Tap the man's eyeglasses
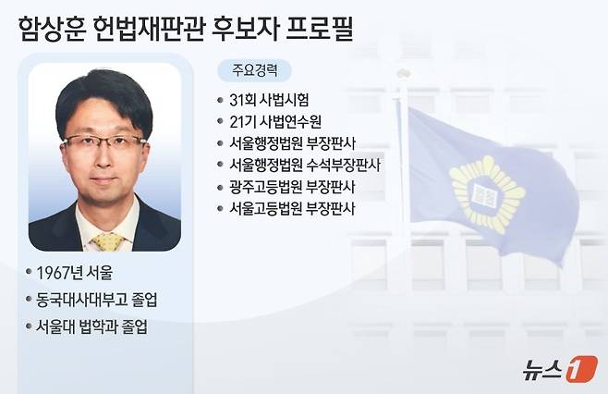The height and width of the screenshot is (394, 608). click(104, 143)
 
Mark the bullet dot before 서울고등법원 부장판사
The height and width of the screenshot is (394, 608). click(218, 209)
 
